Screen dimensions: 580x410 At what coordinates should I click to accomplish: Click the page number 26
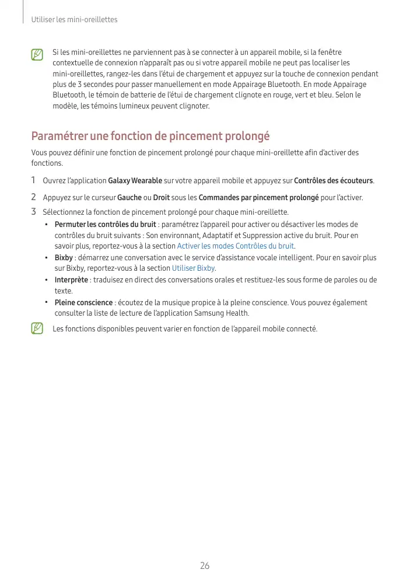pyautogui.click(x=205, y=565)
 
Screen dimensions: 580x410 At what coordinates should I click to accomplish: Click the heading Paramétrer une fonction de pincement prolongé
pyautogui.click(x=150, y=136)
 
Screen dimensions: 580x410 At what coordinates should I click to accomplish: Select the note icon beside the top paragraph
pyautogui.click(x=38, y=55)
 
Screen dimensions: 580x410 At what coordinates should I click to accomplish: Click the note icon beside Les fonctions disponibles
pyautogui.click(x=38, y=329)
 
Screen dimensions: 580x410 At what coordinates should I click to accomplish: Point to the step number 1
pyautogui.click(x=34, y=180)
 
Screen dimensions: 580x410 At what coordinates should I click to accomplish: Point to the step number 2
pyautogui.click(x=34, y=197)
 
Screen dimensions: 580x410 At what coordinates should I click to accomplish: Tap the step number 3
pyautogui.click(x=34, y=211)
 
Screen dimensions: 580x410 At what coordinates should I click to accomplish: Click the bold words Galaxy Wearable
pyautogui.click(x=135, y=180)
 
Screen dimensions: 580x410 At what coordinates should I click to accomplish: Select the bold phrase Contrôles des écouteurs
pyautogui.click(x=333, y=180)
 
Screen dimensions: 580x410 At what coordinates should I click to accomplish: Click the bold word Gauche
pyautogui.click(x=129, y=198)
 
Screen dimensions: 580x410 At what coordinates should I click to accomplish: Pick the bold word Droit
pyautogui.click(x=162, y=198)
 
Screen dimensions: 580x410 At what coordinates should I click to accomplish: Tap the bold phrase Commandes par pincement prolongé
pyautogui.click(x=258, y=198)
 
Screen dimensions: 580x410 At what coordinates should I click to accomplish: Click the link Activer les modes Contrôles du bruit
pyautogui.click(x=235, y=246)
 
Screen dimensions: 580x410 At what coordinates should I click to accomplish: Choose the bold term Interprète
pyautogui.click(x=71, y=280)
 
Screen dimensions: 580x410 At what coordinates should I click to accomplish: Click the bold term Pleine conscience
pyautogui.click(x=83, y=303)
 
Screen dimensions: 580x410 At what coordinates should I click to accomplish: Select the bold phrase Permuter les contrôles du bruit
pyautogui.click(x=105, y=225)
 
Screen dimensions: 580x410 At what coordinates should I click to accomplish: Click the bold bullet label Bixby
pyautogui.click(x=64, y=257)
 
